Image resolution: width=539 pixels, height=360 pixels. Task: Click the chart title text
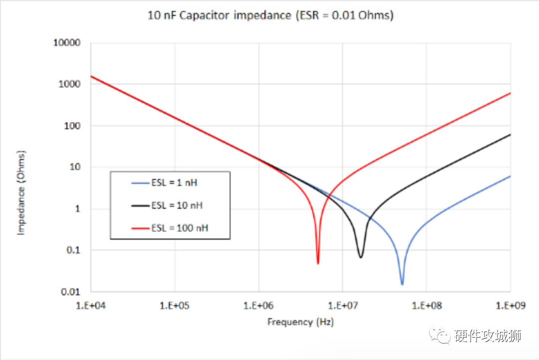tap(270, 15)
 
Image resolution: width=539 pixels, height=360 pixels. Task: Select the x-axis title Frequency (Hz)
tap(300, 322)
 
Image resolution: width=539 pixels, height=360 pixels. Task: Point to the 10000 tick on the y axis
tap(67, 43)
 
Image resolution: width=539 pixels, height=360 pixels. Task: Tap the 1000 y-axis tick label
tap(69, 84)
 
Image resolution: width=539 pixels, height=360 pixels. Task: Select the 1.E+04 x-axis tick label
tap(91, 305)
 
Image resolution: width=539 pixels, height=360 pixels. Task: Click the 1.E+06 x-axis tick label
tap(259, 305)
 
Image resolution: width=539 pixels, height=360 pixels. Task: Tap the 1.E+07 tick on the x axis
tap(342, 305)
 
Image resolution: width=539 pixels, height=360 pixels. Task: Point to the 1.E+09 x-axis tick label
tap(510, 305)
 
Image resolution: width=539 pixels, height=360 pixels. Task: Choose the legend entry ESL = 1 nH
tap(174, 183)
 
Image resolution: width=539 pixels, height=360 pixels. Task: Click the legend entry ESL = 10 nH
tap(176, 205)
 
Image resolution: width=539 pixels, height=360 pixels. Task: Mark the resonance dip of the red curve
tap(318, 263)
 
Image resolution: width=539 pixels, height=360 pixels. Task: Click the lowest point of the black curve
tap(360, 257)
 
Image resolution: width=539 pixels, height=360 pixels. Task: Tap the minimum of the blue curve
tap(402, 284)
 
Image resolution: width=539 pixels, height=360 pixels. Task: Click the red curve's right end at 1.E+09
tap(510, 93)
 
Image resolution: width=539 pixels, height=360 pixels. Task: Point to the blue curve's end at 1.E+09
tap(510, 176)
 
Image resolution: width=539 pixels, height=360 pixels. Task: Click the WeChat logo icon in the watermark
tap(441, 336)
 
